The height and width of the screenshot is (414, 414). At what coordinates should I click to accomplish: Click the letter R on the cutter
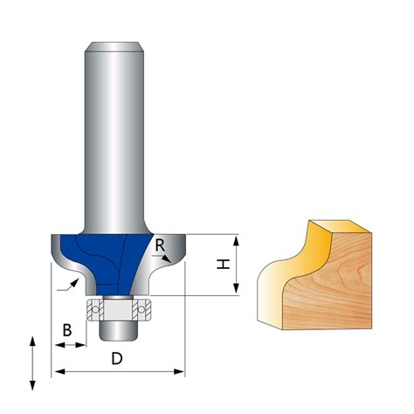coord(160,246)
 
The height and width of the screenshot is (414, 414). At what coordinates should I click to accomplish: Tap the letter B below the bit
coord(66,330)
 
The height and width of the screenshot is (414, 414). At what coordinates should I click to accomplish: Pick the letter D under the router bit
coord(116,358)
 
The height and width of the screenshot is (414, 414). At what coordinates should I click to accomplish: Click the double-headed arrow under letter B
coord(71,346)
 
